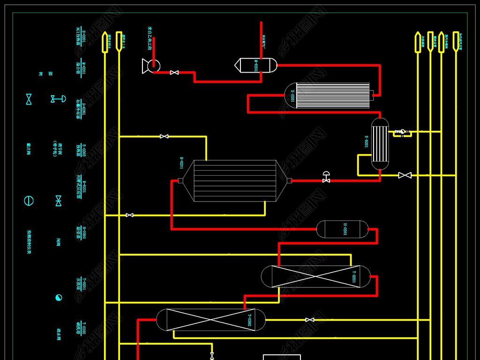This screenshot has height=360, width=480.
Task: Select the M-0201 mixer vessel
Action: coord(256,65)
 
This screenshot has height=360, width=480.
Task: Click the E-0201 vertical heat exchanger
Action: coord(380,143)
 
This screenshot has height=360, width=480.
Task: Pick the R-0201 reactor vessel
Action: coord(234,180)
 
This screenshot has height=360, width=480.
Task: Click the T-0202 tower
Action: coord(210,320)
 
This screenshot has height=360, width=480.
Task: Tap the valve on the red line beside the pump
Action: coord(174,72)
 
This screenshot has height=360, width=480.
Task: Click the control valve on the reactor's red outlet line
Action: coord(326,178)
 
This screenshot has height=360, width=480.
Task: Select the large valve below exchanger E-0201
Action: coord(405,175)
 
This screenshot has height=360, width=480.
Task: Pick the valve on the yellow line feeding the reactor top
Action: coord(164,136)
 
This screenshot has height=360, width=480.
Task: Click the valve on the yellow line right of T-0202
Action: coord(309,320)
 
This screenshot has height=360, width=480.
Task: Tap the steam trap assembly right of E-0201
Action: coord(400,132)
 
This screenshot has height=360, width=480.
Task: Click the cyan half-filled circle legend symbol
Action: coord(59,298)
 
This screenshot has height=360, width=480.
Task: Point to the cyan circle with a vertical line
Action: coord(29,201)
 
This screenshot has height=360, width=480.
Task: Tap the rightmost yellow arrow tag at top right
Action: coord(455,41)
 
